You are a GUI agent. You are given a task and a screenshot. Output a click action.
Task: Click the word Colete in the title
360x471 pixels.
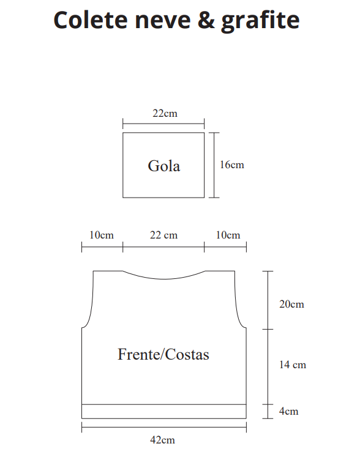[x=90, y=20]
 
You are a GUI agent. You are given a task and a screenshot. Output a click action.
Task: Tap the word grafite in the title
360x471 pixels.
[x=260, y=21]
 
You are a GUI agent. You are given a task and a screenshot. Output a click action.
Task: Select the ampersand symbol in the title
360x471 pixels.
[x=206, y=20]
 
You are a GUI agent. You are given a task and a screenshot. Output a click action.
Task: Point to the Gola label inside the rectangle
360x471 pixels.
[x=164, y=166]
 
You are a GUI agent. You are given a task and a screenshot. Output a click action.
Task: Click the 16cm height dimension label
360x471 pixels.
[x=232, y=165]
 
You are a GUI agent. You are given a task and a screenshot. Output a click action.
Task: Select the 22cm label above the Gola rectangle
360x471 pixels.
[x=165, y=113]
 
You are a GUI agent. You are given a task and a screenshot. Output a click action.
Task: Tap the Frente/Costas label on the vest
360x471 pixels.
[x=163, y=354]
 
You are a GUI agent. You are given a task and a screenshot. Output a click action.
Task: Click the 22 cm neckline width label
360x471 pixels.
[x=163, y=235]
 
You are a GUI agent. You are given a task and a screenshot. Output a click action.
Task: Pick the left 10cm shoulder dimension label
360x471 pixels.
[x=102, y=235]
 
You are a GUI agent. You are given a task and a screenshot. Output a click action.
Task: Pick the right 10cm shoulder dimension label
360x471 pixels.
[x=228, y=235]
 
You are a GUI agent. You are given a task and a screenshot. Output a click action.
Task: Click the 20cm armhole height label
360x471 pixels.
[x=291, y=304]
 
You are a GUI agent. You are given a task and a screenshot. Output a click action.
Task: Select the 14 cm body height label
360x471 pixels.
[x=292, y=365]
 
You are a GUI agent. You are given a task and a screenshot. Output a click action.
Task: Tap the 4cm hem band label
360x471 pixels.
[x=288, y=411]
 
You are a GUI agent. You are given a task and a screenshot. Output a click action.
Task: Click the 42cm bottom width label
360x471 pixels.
[x=162, y=440]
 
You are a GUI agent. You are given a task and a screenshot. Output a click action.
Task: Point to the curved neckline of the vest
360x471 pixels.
[x=164, y=279]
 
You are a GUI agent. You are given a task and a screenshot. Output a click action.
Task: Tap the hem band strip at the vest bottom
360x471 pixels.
[x=164, y=412]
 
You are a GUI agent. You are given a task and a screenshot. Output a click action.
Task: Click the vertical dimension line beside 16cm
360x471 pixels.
[x=214, y=165]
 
